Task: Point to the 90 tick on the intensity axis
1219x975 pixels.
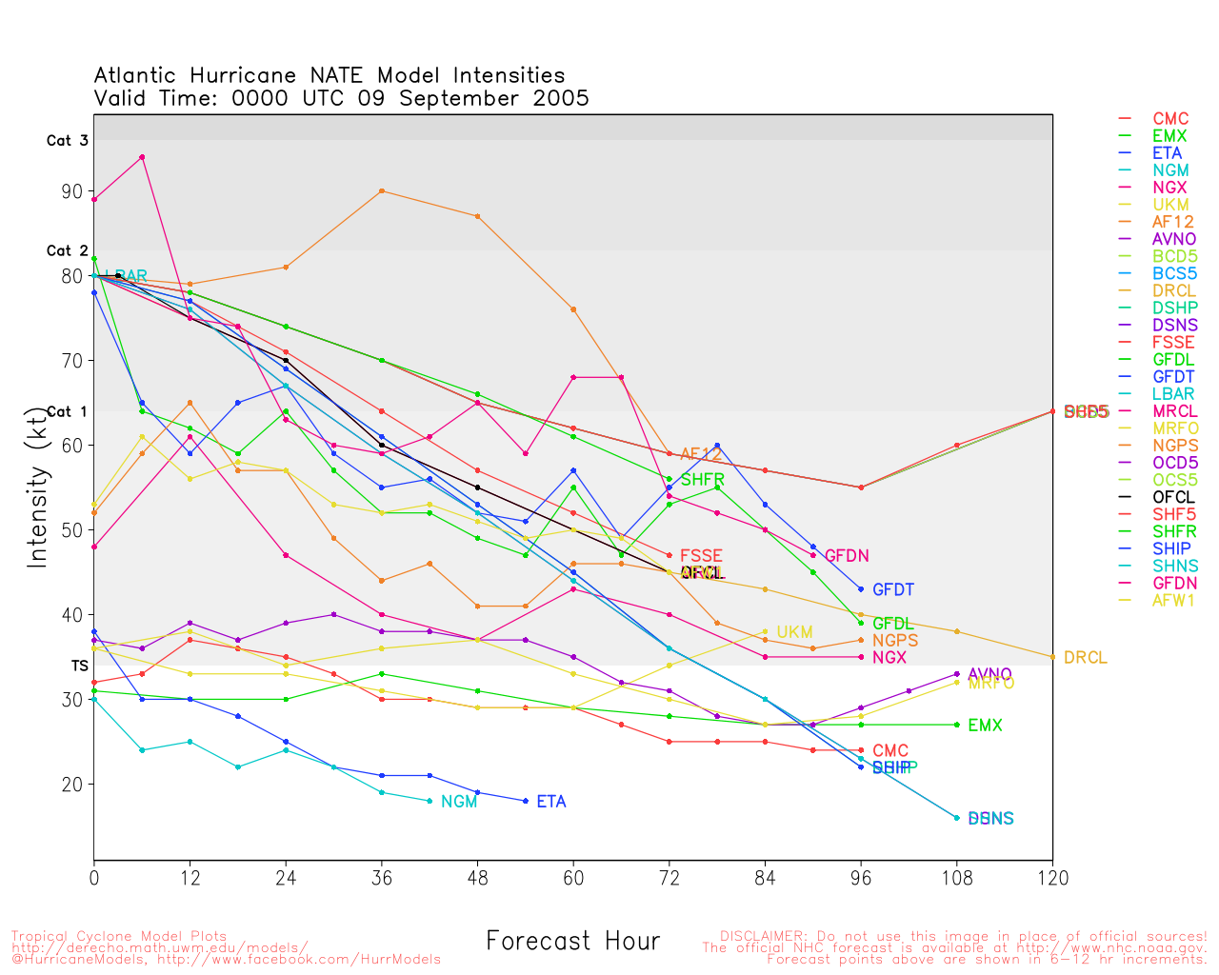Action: click(x=72, y=191)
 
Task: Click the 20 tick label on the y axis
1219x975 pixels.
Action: click(x=72, y=785)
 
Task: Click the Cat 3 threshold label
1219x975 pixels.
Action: click(x=67, y=141)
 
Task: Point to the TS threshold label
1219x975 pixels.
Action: click(x=79, y=666)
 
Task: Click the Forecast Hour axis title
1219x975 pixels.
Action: click(x=572, y=942)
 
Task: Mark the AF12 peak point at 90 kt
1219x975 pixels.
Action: click(x=382, y=190)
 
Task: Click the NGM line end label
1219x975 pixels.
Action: click(x=459, y=802)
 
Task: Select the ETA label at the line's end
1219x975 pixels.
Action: click(x=551, y=802)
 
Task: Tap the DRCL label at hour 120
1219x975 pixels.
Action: click(x=1086, y=658)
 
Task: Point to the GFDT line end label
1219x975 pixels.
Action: click(x=893, y=590)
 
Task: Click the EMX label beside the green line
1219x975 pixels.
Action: click(x=985, y=726)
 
